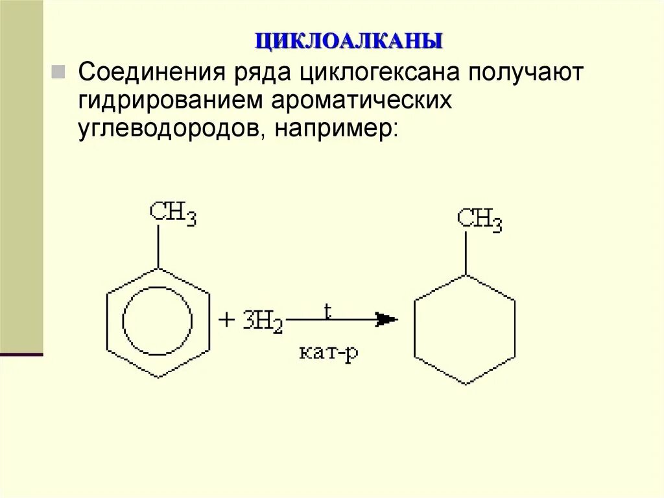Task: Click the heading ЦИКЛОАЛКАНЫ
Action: pyautogui.click(x=349, y=40)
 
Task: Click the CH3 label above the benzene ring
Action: pyautogui.click(x=172, y=213)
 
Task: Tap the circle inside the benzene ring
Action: pyautogui.click(x=158, y=321)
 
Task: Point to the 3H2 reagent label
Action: pyautogui.click(x=263, y=322)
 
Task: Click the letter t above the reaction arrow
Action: pyautogui.click(x=327, y=310)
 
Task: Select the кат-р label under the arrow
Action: pyautogui.click(x=329, y=354)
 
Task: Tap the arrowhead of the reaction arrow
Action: pyautogui.click(x=386, y=319)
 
